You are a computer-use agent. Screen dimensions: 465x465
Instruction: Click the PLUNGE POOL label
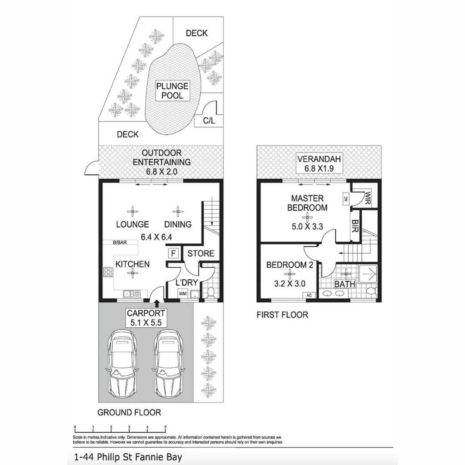pyautogui.click(x=172, y=91)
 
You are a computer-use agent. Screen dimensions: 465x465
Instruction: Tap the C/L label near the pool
pyautogui.click(x=209, y=121)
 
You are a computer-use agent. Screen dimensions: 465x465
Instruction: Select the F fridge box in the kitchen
pyautogui.click(x=173, y=253)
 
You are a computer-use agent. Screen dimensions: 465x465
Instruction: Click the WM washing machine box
pyautogui.click(x=183, y=294)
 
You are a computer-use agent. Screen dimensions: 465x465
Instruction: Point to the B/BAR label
pyautogui.click(x=120, y=242)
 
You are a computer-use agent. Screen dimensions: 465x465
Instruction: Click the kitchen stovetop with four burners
pyautogui.click(x=108, y=272)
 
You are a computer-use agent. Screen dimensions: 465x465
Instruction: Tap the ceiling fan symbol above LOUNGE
pyautogui.click(x=133, y=212)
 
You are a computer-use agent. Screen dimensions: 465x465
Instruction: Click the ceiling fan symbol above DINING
pyautogui.click(x=178, y=212)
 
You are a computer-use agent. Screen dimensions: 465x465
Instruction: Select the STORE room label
pyautogui.click(x=201, y=253)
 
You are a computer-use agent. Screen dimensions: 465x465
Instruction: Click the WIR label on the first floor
pyautogui.click(x=367, y=198)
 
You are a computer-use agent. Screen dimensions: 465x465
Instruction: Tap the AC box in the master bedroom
pyautogui.click(x=346, y=198)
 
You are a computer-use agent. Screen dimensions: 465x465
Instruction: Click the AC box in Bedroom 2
pyautogui.click(x=309, y=295)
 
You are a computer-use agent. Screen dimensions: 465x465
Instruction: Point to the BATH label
pyautogui.click(x=344, y=284)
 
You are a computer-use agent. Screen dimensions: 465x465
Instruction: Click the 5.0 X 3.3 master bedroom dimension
pyautogui.click(x=307, y=226)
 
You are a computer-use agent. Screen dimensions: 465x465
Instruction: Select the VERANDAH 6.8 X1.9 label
pyautogui.click(x=319, y=164)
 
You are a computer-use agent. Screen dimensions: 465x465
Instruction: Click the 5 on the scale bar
pyautogui.click(x=165, y=427)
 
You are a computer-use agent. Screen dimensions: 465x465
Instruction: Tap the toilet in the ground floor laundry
pyautogui.click(x=211, y=292)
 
